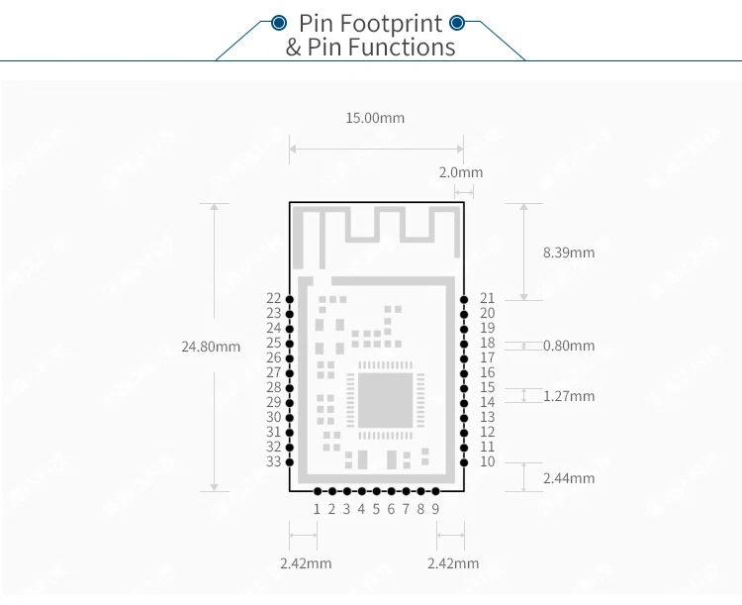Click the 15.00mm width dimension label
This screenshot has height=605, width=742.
click(x=375, y=118)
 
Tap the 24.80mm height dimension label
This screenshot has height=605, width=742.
click(x=211, y=347)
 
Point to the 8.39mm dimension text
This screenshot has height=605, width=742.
click(x=569, y=252)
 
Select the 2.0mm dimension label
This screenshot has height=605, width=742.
click(x=461, y=172)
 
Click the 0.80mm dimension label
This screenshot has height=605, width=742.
click(x=569, y=346)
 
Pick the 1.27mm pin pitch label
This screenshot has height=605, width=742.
click(x=569, y=396)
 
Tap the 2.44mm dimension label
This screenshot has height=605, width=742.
click(x=569, y=478)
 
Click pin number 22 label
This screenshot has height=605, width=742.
click(x=274, y=298)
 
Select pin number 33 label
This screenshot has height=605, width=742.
click(x=274, y=461)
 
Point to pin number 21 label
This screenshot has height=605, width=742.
click(x=487, y=298)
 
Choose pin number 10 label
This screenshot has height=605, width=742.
click(x=487, y=461)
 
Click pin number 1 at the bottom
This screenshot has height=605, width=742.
click(x=317, y=509)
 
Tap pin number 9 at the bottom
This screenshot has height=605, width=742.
click(x=435, y=509)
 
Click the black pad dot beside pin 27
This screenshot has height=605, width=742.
click(x=290, y=373)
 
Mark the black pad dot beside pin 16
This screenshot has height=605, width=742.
click(x=464, y=373)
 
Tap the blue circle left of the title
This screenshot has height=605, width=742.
click(x=279, y=23)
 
